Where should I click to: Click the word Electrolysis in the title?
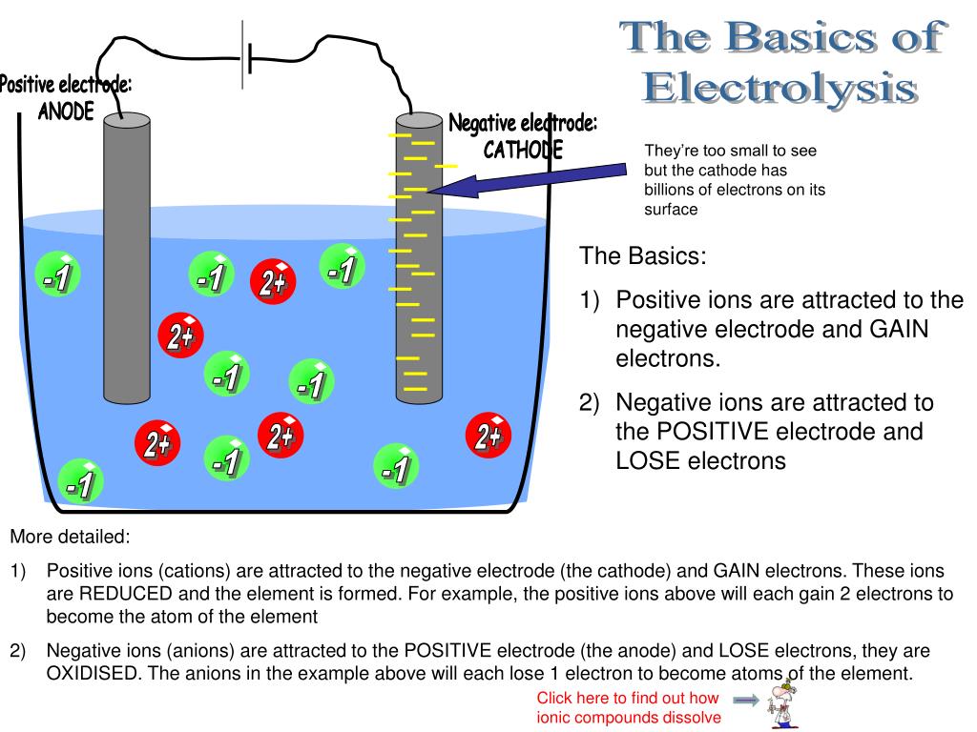click(780, 88)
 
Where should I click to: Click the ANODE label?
click(66, 112)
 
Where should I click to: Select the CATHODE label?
click(523, 150)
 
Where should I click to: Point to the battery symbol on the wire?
click(246, 57)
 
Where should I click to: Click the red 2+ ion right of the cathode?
click(488, 436)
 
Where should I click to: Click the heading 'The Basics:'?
click(644, 256)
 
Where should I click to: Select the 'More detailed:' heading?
click(70, 537)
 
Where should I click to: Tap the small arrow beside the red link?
click(749, 701)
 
